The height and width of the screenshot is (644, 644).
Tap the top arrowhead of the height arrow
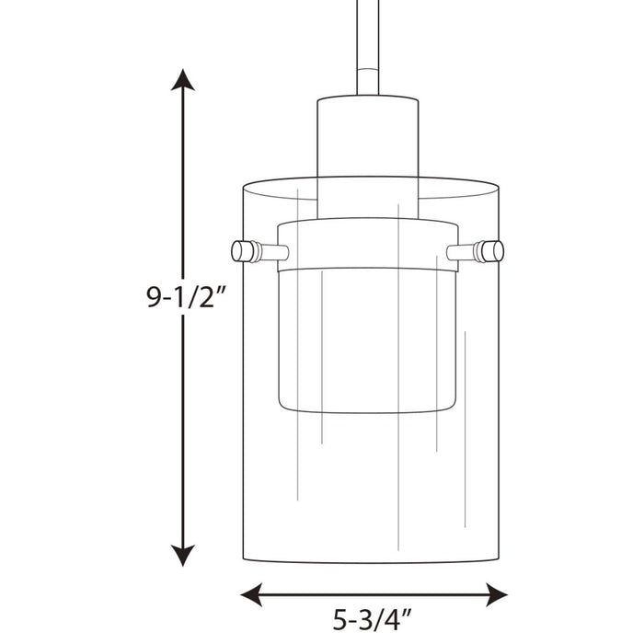184,82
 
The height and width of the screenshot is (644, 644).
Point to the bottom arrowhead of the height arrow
184,556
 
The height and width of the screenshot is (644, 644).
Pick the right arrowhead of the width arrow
496,592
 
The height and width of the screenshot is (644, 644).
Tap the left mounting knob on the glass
244,250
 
